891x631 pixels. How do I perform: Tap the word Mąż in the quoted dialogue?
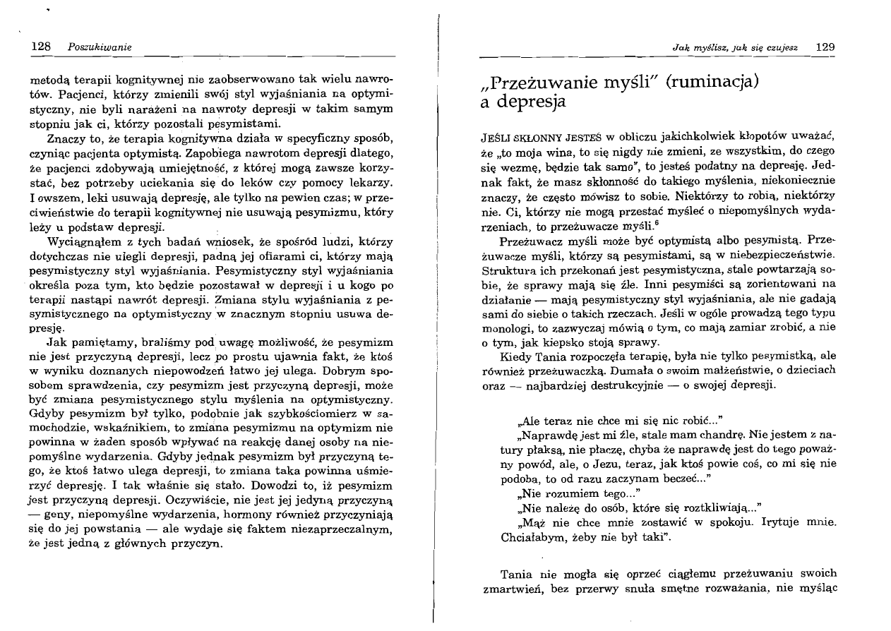pyautogui.click(x=531, y=522)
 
